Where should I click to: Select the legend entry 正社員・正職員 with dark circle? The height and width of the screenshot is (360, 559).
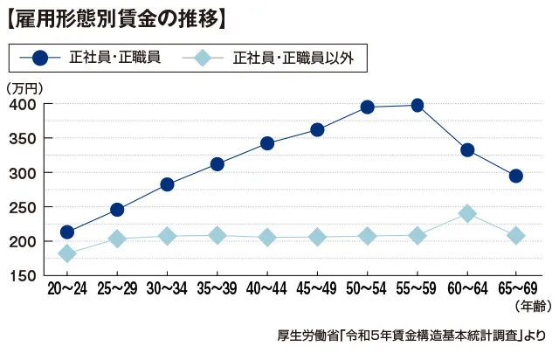pos(97,59)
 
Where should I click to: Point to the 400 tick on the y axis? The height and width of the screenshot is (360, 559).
pos(23,105)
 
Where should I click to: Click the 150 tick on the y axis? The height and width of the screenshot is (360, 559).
pos(23,275)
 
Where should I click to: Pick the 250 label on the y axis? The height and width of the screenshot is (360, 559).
pos(23,207)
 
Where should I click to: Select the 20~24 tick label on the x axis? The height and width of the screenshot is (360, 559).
pos(67,289)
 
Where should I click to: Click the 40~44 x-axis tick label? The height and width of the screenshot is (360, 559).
pos(267,289)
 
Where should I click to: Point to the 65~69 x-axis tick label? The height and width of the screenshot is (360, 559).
pos(516,289)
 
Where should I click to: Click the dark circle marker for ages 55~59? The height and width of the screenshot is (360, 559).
pos(417,106)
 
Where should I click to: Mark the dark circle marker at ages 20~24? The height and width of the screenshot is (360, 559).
pos(67,232)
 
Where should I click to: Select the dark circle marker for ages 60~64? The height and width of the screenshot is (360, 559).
pos(467,150)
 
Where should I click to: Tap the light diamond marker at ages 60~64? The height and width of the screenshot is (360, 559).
pos(467,213)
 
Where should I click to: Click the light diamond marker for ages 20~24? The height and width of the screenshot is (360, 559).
pos(67,253)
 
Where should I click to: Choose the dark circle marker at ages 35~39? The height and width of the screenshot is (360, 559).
pos(217,164)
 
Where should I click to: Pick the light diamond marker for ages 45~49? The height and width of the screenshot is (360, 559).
pos(317,237)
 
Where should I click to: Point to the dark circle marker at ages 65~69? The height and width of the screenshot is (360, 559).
pos(516,176)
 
